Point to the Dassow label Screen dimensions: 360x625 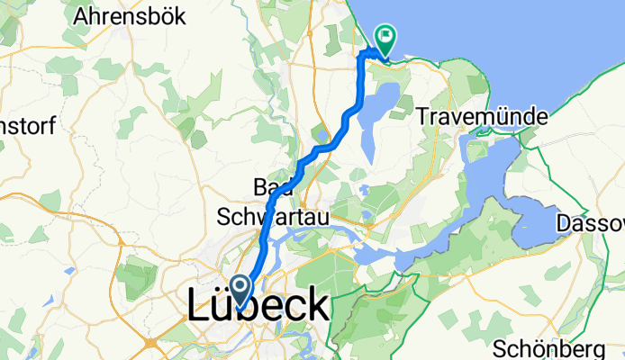(591, 222)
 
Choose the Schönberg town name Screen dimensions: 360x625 (549, 347)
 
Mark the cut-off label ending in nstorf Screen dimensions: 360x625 (27, 123)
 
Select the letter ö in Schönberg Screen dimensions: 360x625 (538, 347)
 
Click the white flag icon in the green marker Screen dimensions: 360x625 (387, 37)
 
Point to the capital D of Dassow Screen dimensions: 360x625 (566, 222)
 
